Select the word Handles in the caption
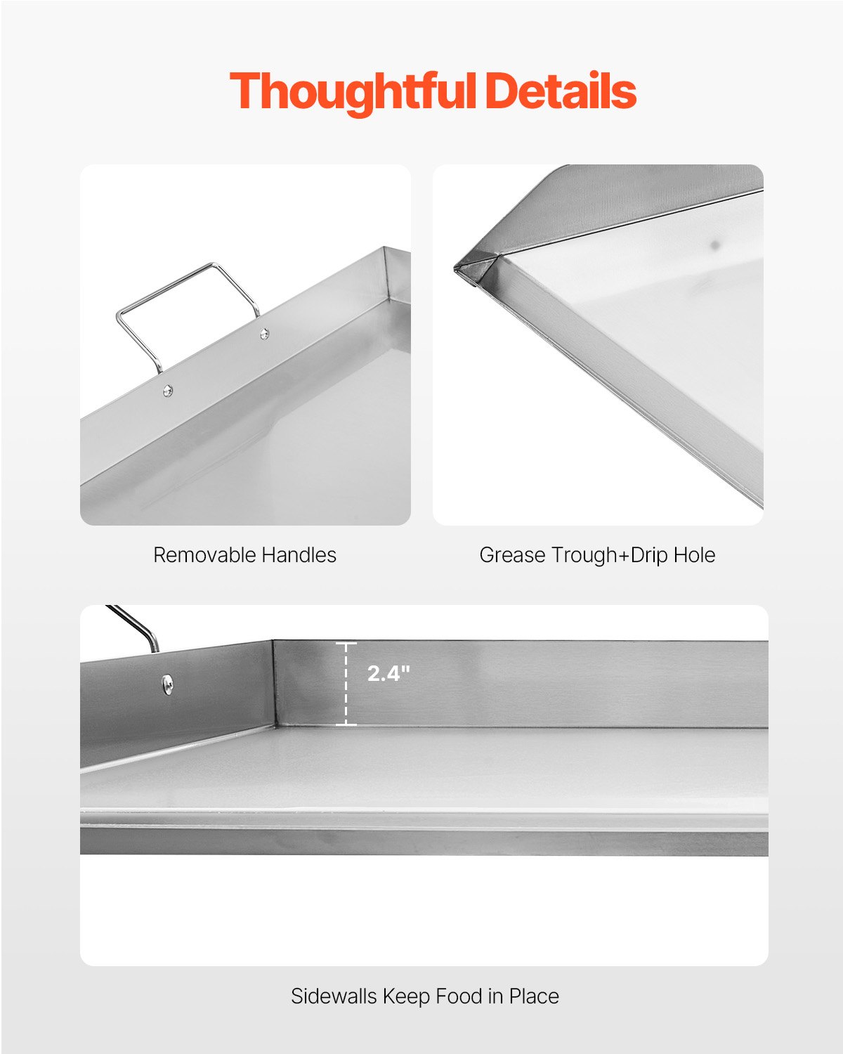pyautogui.click(x=299, y=555)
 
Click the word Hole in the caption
pyautogui.click(x=694, y=555)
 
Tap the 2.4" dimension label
pyautogui.click(x=388, y=673)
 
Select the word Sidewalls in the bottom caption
pyautogui.click(x=334, y=996)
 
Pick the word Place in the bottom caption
pyautogui.click(x=534, y=996)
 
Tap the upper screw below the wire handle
pyautogui.click(x=264, y=334)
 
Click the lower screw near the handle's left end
pyautogui.click(x=167, y=391)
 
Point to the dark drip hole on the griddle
pyautogui.click(x=716, y=245)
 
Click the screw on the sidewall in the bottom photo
pyautogui.click(x=167, y=683)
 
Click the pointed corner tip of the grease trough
pyautogui.click(x=457, y=266)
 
